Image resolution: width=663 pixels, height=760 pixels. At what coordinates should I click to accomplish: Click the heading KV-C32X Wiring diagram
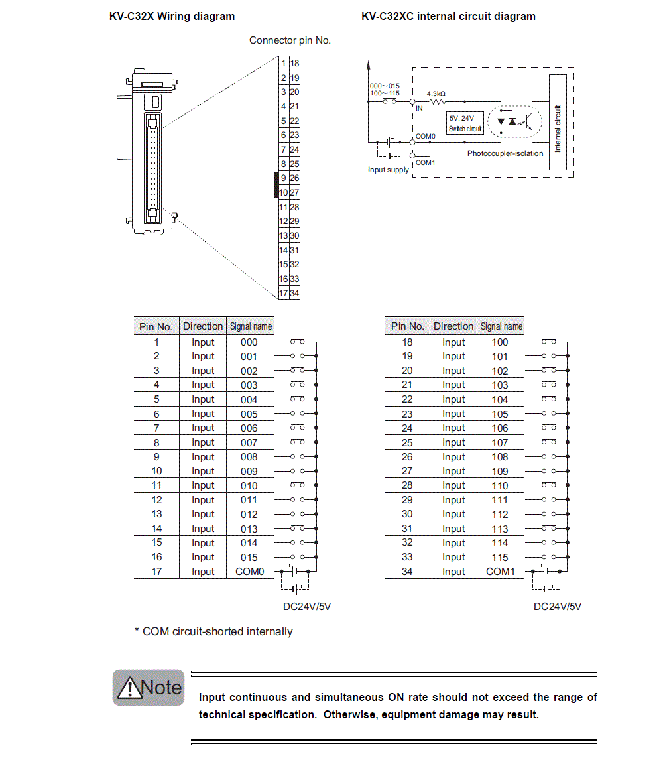[x=172, y=16]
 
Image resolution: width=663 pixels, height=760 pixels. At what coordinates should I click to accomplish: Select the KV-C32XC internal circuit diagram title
[x=448, y=16]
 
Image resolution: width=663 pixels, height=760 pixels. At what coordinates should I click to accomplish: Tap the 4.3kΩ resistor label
[x=436, y=94]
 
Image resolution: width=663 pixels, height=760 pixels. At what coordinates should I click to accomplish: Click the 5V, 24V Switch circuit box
[x=465, y=123]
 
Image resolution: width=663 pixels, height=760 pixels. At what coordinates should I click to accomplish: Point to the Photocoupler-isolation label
[x=505, y=153]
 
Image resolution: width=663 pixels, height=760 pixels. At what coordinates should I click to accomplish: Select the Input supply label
[x=389, y=170]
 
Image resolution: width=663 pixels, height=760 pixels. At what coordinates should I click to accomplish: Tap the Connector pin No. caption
[x=290, y=40]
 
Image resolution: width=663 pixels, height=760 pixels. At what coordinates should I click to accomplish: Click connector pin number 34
[x=294, y=293]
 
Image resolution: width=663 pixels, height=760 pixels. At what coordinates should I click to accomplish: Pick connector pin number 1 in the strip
[x=284, y=63]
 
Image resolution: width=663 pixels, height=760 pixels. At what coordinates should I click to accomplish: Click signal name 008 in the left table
[x=249, y=457]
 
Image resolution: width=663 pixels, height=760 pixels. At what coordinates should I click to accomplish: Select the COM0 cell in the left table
[x=249, y=572]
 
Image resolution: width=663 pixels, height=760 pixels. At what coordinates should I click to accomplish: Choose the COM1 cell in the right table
[x=500, y=572]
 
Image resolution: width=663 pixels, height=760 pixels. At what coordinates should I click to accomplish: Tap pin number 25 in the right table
[x=407, y=442]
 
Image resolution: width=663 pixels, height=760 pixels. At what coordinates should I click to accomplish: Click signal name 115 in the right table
[x=500, y=557]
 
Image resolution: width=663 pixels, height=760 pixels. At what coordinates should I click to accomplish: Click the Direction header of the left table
[x=203, y=326]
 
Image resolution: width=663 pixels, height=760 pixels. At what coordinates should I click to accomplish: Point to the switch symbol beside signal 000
[x=297, y=342]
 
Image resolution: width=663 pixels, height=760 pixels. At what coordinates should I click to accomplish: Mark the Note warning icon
[x=149, y=688]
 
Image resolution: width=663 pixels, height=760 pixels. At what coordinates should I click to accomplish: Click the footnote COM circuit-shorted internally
[x=213, y=631]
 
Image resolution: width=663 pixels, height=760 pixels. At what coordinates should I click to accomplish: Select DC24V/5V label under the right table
[x=558, y=607]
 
